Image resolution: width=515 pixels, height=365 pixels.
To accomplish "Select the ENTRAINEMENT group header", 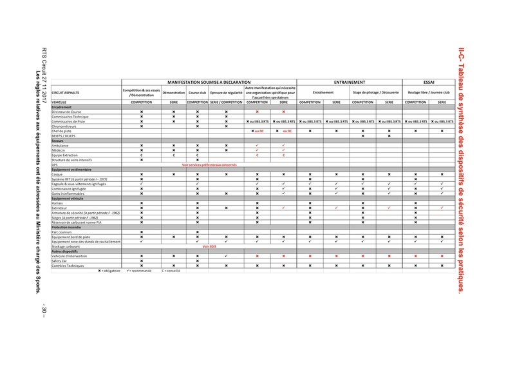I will (x=350, y=83).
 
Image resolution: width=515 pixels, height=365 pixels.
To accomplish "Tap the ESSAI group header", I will (x=429, y=83).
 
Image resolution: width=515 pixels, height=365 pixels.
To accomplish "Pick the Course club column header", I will (x=198, y=93).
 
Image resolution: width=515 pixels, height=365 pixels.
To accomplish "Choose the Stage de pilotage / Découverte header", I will (x=377, y=93).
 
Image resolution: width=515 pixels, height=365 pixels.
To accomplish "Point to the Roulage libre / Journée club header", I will (x=429, y=93).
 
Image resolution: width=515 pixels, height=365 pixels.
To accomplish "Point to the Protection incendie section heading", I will (x=68, y=227).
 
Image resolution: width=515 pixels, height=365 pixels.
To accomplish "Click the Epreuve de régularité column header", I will (x=227, y=93).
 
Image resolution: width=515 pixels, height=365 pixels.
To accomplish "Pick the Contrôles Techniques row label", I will (x=68, y=266).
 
